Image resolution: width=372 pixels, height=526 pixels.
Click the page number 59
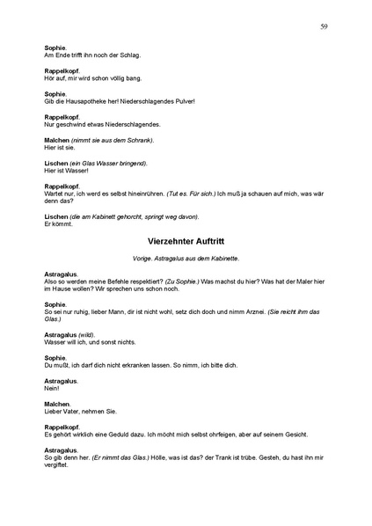click(324, 27)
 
